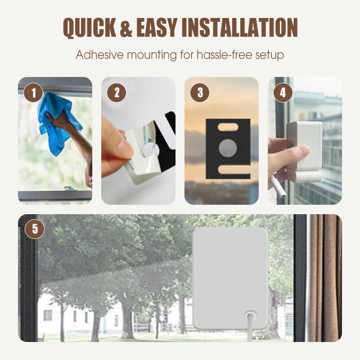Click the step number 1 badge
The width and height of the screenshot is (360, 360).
(34, 94)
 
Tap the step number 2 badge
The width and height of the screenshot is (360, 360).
(117, 94)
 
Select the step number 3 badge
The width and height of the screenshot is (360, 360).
(200, 94)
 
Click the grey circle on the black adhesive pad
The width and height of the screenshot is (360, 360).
(228, 148)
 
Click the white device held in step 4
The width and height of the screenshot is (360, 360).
(306, 144)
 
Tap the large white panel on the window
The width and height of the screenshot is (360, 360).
(230, 270)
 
